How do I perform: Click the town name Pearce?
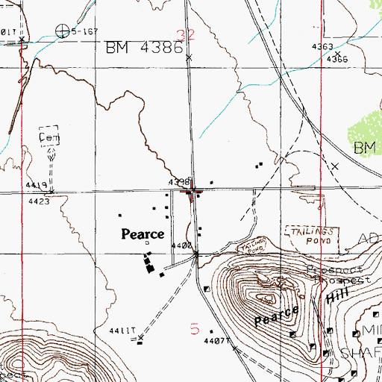(143, 234)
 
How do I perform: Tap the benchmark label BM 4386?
(143, 47)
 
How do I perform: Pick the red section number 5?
(195, 328)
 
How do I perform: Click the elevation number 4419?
(35, 184)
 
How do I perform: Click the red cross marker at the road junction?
(193, 195)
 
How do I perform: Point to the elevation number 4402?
(181, 245)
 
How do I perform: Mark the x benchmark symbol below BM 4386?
(188, 57)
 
